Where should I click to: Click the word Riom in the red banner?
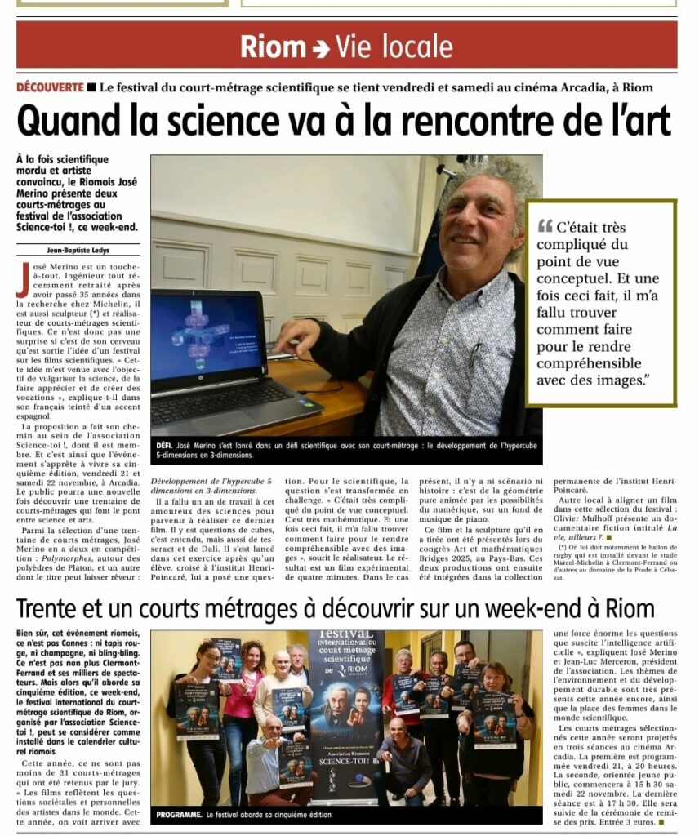point(273,47)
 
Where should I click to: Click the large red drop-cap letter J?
point(22,280)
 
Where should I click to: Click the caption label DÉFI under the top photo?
point(164,445)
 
